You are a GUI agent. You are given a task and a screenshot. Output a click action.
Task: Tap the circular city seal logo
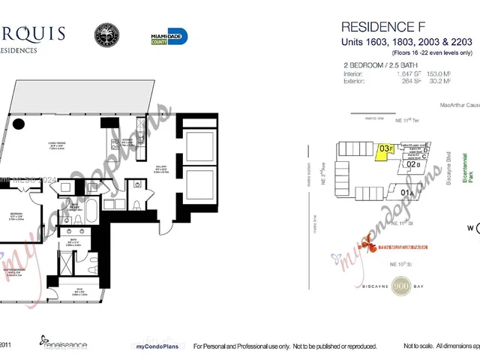tap(106, 35)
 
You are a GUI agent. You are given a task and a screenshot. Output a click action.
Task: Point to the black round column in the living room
tap(19, 124)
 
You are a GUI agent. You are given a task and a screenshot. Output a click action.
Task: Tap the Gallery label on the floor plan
tap(163, 169)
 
